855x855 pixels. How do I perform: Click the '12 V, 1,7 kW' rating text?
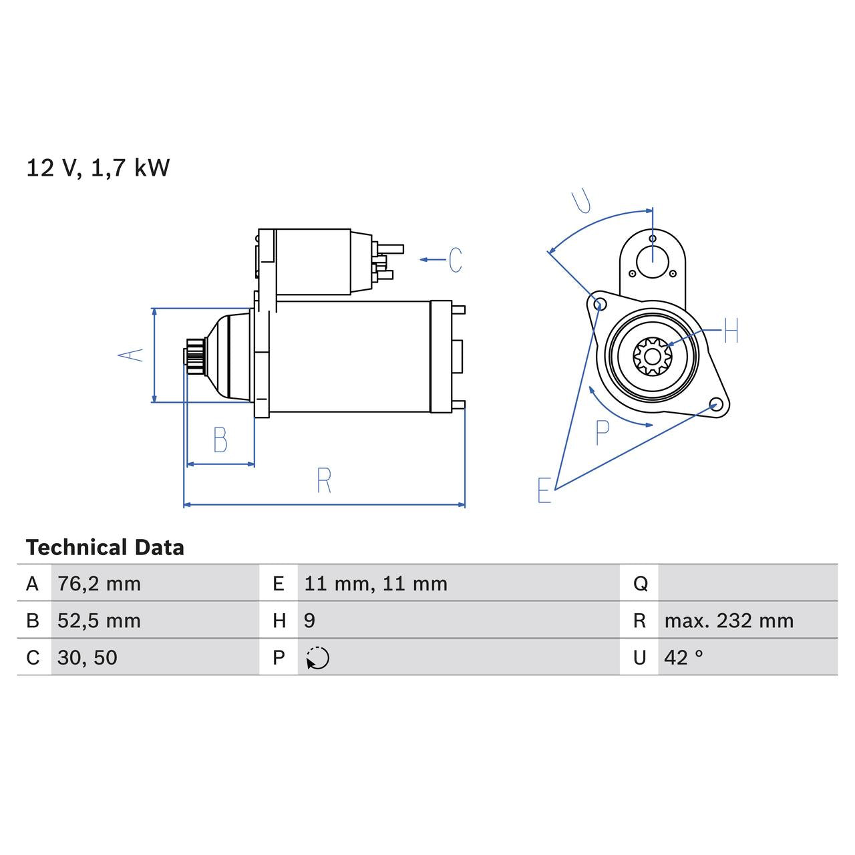[x=98, y=168]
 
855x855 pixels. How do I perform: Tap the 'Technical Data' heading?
[x=105, y=548]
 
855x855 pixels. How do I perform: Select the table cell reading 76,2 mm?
[x=99, y=584]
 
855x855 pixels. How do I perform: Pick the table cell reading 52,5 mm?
[x=99, y=621]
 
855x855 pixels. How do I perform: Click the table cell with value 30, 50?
[x=88, y=657]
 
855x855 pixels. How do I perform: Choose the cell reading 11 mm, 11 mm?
[x=375, y=584]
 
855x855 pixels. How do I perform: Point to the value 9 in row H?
[x=309, y=621]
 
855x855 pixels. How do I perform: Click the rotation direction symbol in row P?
[x=318, y=658]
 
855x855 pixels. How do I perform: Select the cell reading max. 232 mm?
[x=729, y=621]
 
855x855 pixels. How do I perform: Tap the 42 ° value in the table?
[x=683, y=657]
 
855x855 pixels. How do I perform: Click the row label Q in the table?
[x=639, y=584]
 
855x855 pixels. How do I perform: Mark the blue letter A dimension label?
[x=132, y=355]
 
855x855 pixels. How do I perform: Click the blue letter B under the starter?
[x=220, y=441]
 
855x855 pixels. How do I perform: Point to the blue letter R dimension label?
[x=324, y=481]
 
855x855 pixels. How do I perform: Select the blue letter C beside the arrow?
[x=456, y=260]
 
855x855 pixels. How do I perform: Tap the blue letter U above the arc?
[x=582, y=201]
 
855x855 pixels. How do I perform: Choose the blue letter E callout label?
[x=544, y=490]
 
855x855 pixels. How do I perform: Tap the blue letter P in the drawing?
[x=602, y=433]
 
